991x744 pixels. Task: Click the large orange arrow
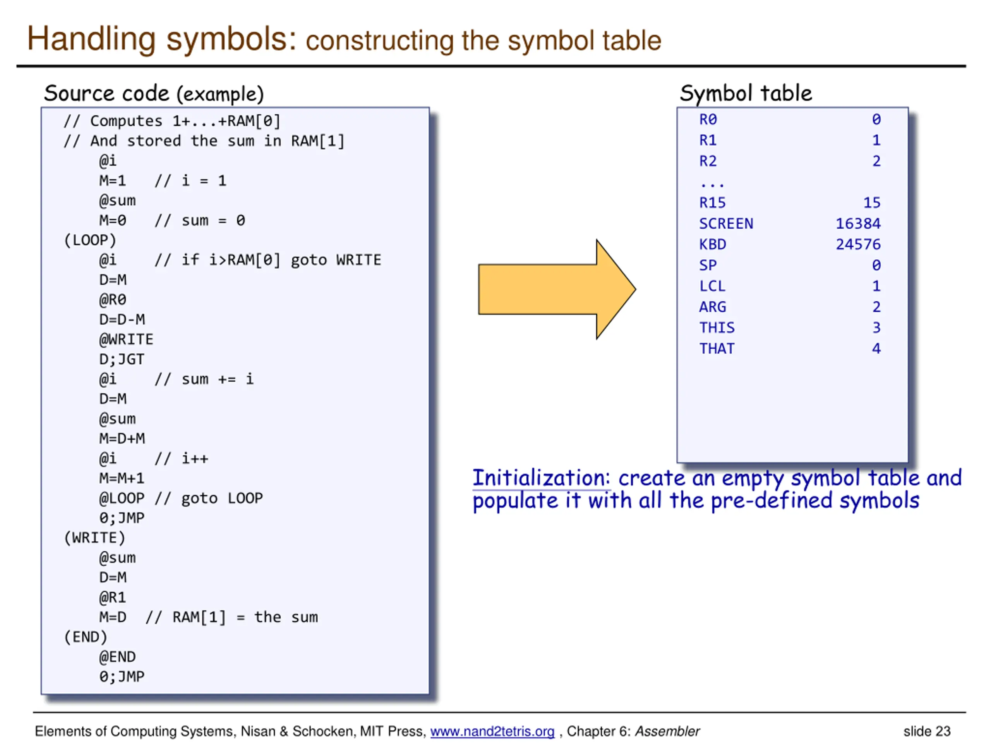(x=556, y=289)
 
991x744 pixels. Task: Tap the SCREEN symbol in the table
(x=726, y=223)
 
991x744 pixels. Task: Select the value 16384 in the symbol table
(x=857, y=223)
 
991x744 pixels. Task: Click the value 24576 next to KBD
(x=857, y=245)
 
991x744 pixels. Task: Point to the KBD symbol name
(x=712, y=245)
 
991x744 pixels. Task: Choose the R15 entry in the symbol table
(x=712, y=203)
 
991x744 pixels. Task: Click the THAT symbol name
(x=717, y=348)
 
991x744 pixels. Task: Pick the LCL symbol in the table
(x=712, y=286)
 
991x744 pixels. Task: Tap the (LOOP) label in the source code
(x=90, y=240)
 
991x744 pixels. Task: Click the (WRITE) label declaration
(x=94, y=538)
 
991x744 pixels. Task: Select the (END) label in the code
(x=86, y=637)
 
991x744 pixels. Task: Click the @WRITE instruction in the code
(x=126, y=339)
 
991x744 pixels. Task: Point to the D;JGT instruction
(x=122, y=359)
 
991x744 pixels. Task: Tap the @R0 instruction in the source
(x=112, y=300)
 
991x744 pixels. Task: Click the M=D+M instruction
(x=122, y=439)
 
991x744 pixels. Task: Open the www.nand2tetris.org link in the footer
(x=492, y=732)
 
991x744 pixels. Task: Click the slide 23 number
(x=926, y=732)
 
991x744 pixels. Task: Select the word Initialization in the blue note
(x=541, y=478)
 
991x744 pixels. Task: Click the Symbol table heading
(x=746, y=93)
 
